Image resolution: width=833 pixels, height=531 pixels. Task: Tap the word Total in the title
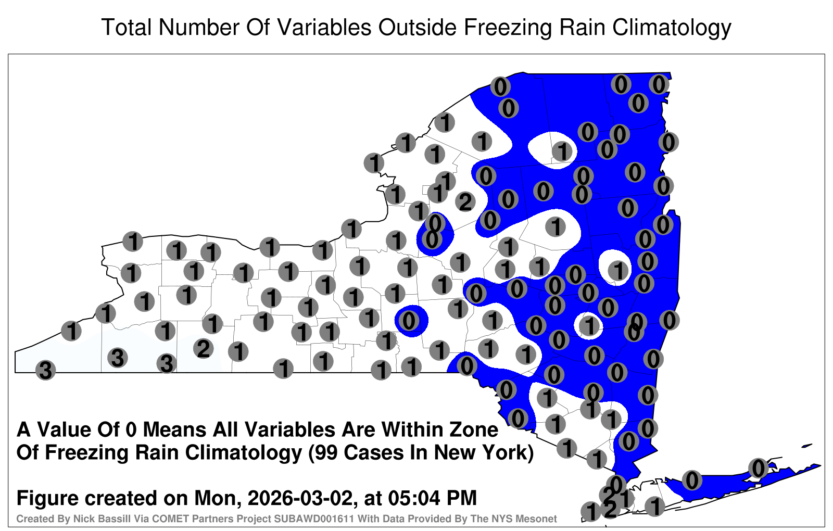[x=127, y=27]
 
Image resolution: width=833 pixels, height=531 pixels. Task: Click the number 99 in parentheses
[x=326, y=453]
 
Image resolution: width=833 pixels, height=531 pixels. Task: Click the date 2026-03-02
[x=300, y=498]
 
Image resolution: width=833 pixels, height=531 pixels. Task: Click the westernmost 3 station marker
[x=45, y=370]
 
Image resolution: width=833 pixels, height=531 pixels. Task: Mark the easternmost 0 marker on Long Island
[x=758, y=468]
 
